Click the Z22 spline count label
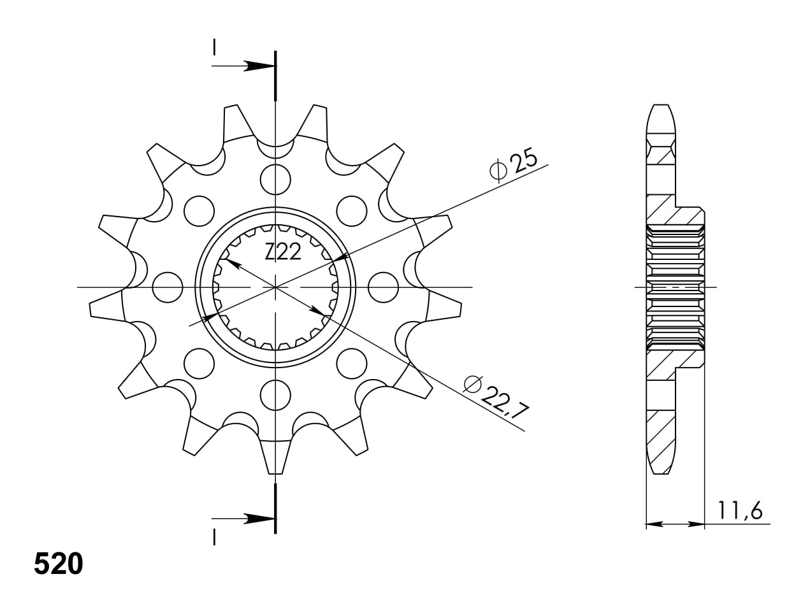click(x=283, y=253)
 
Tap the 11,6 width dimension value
click(x=740, y=510)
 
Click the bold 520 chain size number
click(x=58, y=563)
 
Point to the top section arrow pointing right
click(x=257, y=66)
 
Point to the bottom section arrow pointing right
click(x=257, y=519)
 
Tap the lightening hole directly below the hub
click(x=275, y=395)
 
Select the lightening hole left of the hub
click(x=168, y=287)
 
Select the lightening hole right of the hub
click(x=383, y=287)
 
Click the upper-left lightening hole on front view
click(x=199, y=210)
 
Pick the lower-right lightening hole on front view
click(x=352, y=363)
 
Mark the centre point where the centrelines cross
click(x=275, y=287)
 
